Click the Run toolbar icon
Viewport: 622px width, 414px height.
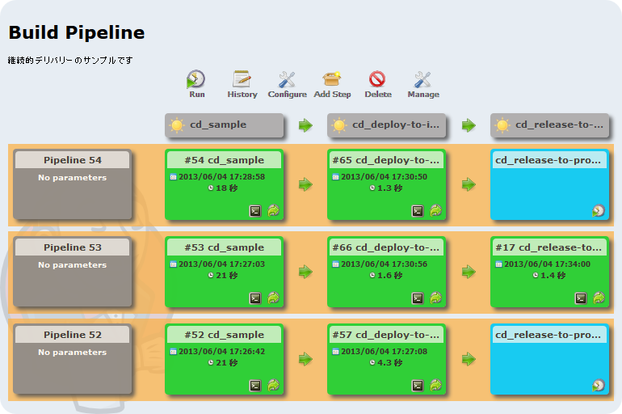(x=195, y=79)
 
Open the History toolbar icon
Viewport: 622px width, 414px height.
(x=242, y=79)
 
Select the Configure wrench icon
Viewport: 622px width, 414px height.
(x=287, y=79)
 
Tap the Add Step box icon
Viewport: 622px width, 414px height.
(x=332, y=78)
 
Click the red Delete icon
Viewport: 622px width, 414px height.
(x=377, y=79)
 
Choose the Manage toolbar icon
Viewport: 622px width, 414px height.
(x=422, y=79)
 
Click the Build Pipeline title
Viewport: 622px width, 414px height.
(x=77, y=32)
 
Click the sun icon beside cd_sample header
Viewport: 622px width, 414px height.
(x=177, y=125)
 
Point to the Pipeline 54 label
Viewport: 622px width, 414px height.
(x=73, y=160)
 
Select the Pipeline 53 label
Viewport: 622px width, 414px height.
(x=73, y=247)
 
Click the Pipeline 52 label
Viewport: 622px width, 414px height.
(x=73, y=335)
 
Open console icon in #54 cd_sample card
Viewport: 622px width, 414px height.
(x=255, y=211)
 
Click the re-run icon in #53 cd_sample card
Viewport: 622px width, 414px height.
(x=273, y=298)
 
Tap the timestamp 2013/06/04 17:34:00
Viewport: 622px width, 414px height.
(x=547, y=264)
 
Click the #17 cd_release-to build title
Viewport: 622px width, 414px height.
(x=548, y=247)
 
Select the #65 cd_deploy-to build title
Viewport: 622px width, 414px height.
(x=386, y=160)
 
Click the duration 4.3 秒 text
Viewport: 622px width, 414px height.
(x=389, y=363)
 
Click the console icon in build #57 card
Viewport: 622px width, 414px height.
(x=418, y=386)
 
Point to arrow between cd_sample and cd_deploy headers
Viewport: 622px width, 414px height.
(x=305, y=125)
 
